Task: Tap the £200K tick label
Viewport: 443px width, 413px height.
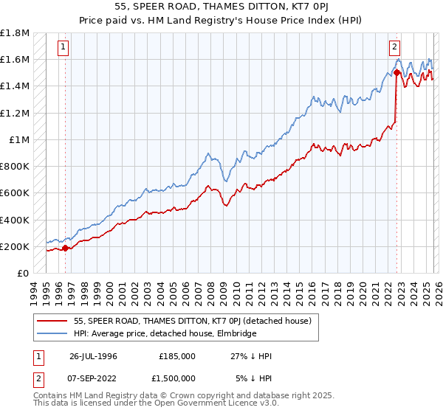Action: [15, 246]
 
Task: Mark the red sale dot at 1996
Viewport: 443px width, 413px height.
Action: [66, 249]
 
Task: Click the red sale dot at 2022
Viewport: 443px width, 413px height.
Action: [397, 73]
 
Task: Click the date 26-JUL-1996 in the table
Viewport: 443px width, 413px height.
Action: [93, 355]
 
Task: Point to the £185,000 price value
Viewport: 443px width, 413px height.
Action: [177, 355]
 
